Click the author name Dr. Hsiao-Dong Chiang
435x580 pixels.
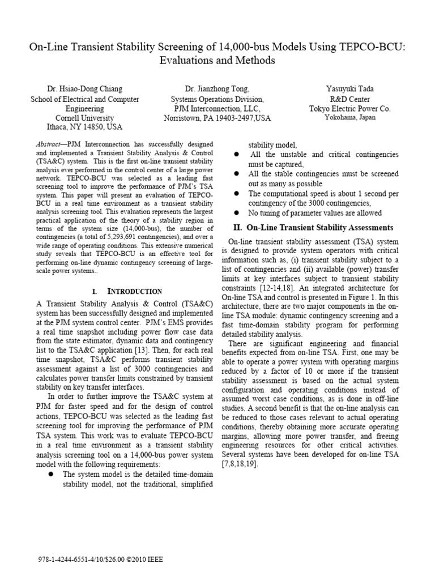(x=84, y=89)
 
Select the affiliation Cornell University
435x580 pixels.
(x=84, y=117)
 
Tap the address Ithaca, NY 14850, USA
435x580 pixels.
(x=84, y=127)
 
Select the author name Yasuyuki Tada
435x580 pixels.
(x=349, y=89)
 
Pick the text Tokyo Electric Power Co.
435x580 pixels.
(x=349, y=108)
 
